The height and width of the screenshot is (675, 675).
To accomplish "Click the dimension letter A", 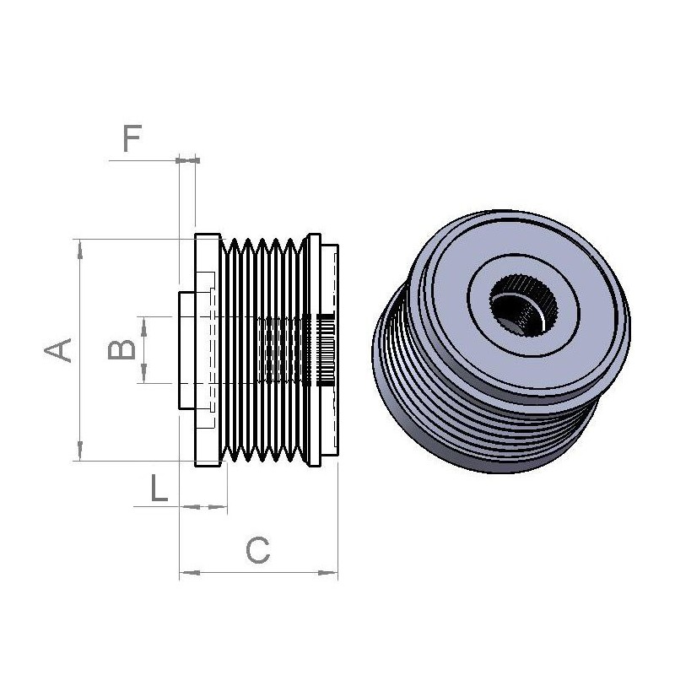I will coord(57,348).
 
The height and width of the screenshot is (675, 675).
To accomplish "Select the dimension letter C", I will coord(257,551).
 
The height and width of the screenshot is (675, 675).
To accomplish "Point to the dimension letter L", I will coord(158,489).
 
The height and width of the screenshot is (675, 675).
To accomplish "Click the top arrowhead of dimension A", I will coord(79,246).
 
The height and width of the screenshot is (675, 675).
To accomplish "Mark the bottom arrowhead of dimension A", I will coord(79,453).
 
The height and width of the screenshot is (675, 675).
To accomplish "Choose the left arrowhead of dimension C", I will coord(186,573).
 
